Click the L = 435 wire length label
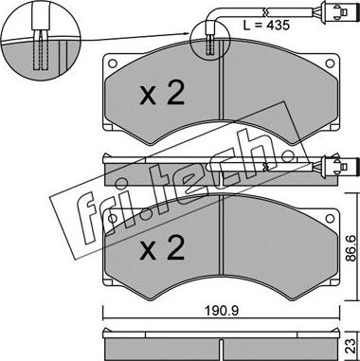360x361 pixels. pyautogui.click(x=266, y=26)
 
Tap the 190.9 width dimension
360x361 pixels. pyautogui.click(x=222, y=311)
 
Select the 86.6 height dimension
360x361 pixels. pyautogui.click(x=351, y=248)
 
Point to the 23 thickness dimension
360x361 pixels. pyautogui.click(x=351, y=346)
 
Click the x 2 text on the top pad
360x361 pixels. pyautogui.click(x=162, y=94)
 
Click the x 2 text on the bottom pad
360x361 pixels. pyautogui.click(x=162, y=249)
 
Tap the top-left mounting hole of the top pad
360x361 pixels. pyautogui.click(x=112, y=63)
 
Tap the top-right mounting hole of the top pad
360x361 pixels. pyautogui.click(x=330, y=63)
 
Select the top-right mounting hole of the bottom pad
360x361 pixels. pyautogui.click(x=330, y=218)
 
